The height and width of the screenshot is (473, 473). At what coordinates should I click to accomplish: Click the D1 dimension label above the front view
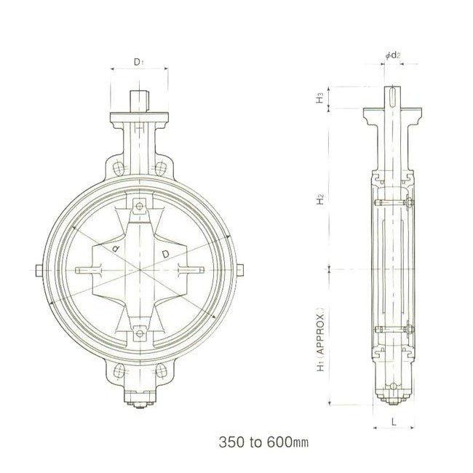click(x=138, y=62)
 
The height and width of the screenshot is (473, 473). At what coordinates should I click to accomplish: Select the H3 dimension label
click(x=319, y=97)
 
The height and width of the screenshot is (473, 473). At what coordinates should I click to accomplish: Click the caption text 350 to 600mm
click(x=261, y=442)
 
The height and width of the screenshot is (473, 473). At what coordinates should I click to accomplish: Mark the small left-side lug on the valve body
click(x=36, y=271)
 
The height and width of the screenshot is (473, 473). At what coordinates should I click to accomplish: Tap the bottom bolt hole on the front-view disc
click(x=139, y=335)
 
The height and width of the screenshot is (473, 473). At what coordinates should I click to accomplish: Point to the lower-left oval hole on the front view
click(x=116, y=373)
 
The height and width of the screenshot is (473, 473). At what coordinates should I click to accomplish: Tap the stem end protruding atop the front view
click(x=139, y=100)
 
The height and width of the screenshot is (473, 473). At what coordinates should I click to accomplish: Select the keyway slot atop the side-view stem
click(x=393, y=95)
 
